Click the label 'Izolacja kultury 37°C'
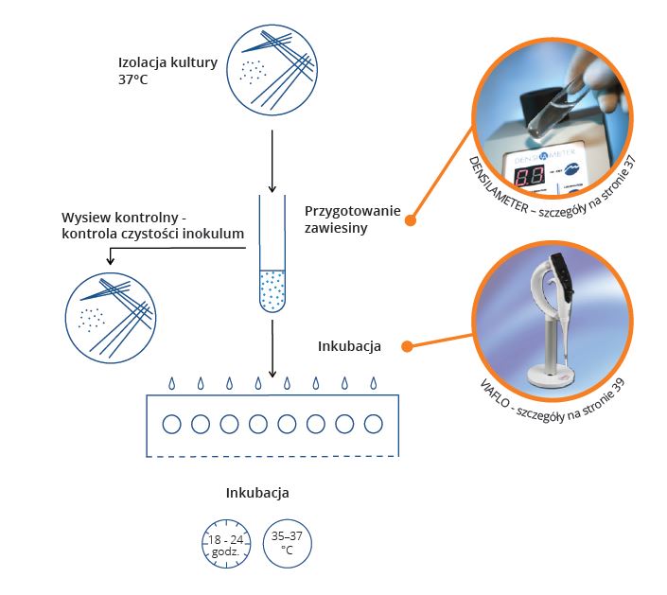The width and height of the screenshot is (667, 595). pyautogui.click(x=167, y=71)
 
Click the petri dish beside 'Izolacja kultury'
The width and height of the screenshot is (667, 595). pyautogui.click(x=272, y=68)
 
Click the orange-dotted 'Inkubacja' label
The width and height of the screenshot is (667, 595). pyautogui.click(x=349, y=346)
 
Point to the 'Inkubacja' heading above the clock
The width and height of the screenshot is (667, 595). pyautogui.click(x=256, y=493)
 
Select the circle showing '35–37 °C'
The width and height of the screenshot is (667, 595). pyautogui.click(x=287, y=543)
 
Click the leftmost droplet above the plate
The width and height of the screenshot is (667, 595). pyautogui.click(x=171, y=383)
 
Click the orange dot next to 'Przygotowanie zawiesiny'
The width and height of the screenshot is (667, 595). pyautogui.click(x=411, y=220)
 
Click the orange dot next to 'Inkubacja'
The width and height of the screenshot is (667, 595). pyautogui.click(x=407, y=346)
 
